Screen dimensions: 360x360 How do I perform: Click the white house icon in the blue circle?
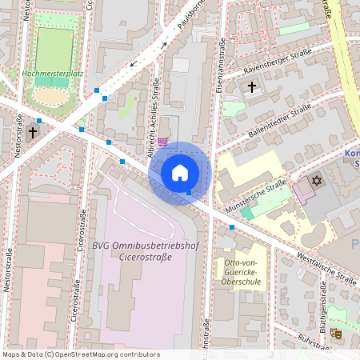click(x=180, y=173)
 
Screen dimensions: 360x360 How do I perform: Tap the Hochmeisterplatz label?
click(x=54, y=73)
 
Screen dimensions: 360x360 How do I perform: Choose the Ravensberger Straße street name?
click(x=273, y=64)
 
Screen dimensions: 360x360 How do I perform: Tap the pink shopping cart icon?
click(x=162, y=142)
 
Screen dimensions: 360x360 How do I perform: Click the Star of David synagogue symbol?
click(x=315, y=182)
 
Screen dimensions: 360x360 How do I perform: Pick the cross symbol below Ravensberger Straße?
click(x=252, y=86)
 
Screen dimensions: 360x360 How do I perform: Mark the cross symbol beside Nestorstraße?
click(x=33, y=133)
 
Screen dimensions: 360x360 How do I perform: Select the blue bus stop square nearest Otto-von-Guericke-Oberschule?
click(x=232, y=228)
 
